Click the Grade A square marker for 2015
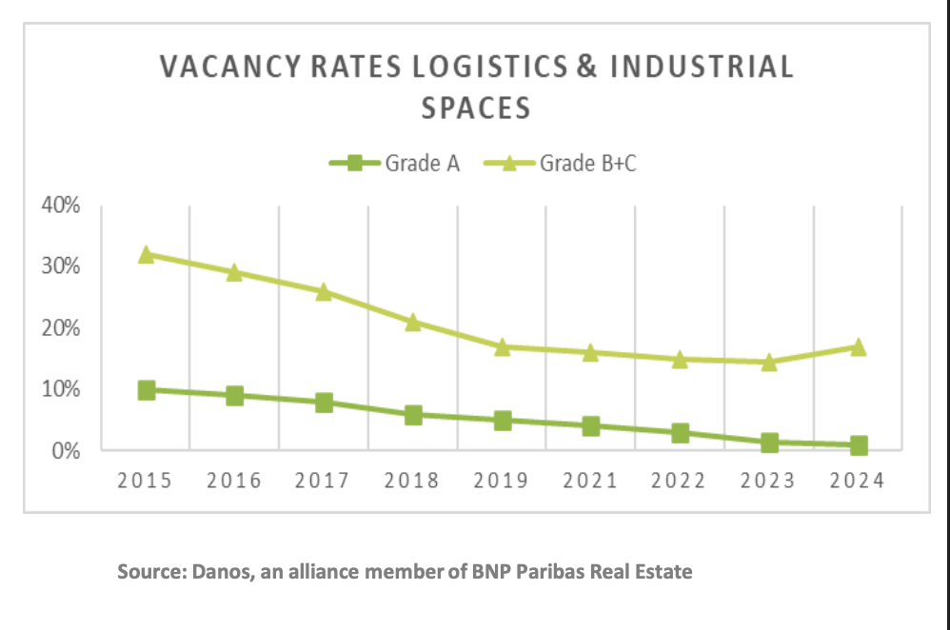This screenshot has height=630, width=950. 146,390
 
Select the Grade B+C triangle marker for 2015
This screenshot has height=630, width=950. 146,254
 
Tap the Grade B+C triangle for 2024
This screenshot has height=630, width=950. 859,347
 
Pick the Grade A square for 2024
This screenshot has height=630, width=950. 859,445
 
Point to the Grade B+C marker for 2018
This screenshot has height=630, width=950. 413,322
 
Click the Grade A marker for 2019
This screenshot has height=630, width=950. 503,420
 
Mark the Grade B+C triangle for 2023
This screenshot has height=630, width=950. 769,362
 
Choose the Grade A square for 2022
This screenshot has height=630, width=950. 680,433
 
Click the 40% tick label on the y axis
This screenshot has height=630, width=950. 59,206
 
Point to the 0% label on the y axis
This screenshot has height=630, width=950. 64,450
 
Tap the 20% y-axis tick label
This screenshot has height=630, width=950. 59,328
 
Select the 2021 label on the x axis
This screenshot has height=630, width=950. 591,481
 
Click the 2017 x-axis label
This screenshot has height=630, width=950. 324,481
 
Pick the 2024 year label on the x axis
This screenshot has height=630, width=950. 858,481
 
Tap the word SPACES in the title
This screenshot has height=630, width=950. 475,108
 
